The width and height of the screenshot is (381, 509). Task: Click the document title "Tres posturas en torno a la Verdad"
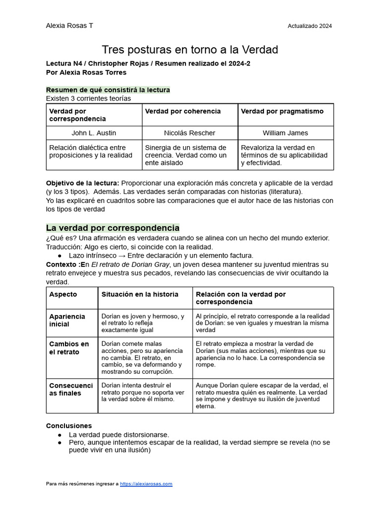tap(190, 50)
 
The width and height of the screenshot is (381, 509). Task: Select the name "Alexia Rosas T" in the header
tap(69, 26)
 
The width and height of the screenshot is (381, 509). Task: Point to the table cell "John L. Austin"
tap(94, 133)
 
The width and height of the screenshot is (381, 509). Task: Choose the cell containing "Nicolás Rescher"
tap(190, 133)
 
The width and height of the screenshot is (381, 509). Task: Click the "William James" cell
tap(285, 133)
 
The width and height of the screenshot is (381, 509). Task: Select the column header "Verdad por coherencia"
tap(183, 111)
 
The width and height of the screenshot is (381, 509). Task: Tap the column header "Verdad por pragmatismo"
tap(282, 111)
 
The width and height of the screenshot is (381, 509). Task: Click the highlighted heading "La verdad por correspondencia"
tap(113, 228)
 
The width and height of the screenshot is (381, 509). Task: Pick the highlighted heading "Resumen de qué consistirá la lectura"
tap(108, 90)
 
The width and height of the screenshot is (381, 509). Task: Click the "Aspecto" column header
tap(63, 294)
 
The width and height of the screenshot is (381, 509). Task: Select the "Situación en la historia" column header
tap(139, 294)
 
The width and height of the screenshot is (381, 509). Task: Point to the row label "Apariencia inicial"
tap(67, 320)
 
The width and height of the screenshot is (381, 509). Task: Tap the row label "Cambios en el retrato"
tap(69, 348)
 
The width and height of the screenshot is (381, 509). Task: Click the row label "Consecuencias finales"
tap(70, 389)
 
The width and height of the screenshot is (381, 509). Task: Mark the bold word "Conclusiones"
tap(69, 426)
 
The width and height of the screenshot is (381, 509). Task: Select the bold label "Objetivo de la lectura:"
tap(82, 183)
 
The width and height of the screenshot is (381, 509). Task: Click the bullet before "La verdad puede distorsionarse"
tap(60, 434)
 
